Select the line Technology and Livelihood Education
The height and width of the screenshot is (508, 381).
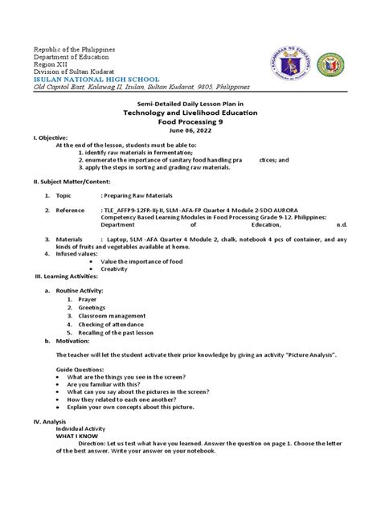click(190, 116)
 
